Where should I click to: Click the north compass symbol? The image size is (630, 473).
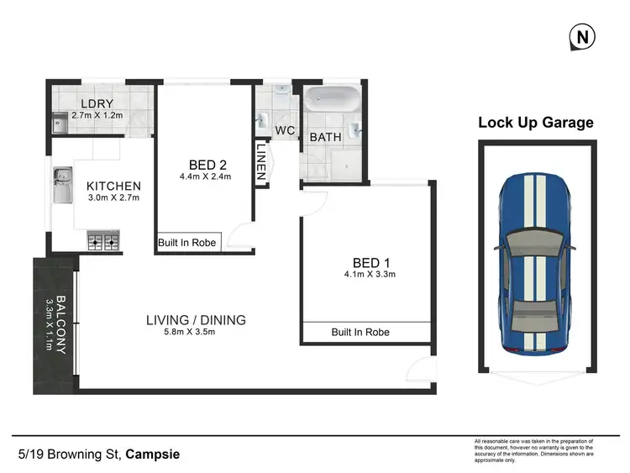(x=580, y=37)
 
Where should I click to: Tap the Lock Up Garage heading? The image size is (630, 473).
(x=535, y=123)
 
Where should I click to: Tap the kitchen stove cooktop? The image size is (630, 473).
(x=102, y=242)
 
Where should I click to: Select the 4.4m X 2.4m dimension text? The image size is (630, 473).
(x=205, y=177)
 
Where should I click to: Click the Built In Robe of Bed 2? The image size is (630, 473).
(x=187, y=243)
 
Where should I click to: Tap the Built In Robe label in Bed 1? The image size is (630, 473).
(x=360, y=333)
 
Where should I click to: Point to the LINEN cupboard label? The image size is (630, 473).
(x=261, y=163)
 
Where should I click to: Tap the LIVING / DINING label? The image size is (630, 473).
(x=196, y=319)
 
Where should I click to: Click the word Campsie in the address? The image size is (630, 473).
(x=152, y=455)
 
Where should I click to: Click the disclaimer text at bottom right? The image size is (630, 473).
(x=533, y=452)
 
